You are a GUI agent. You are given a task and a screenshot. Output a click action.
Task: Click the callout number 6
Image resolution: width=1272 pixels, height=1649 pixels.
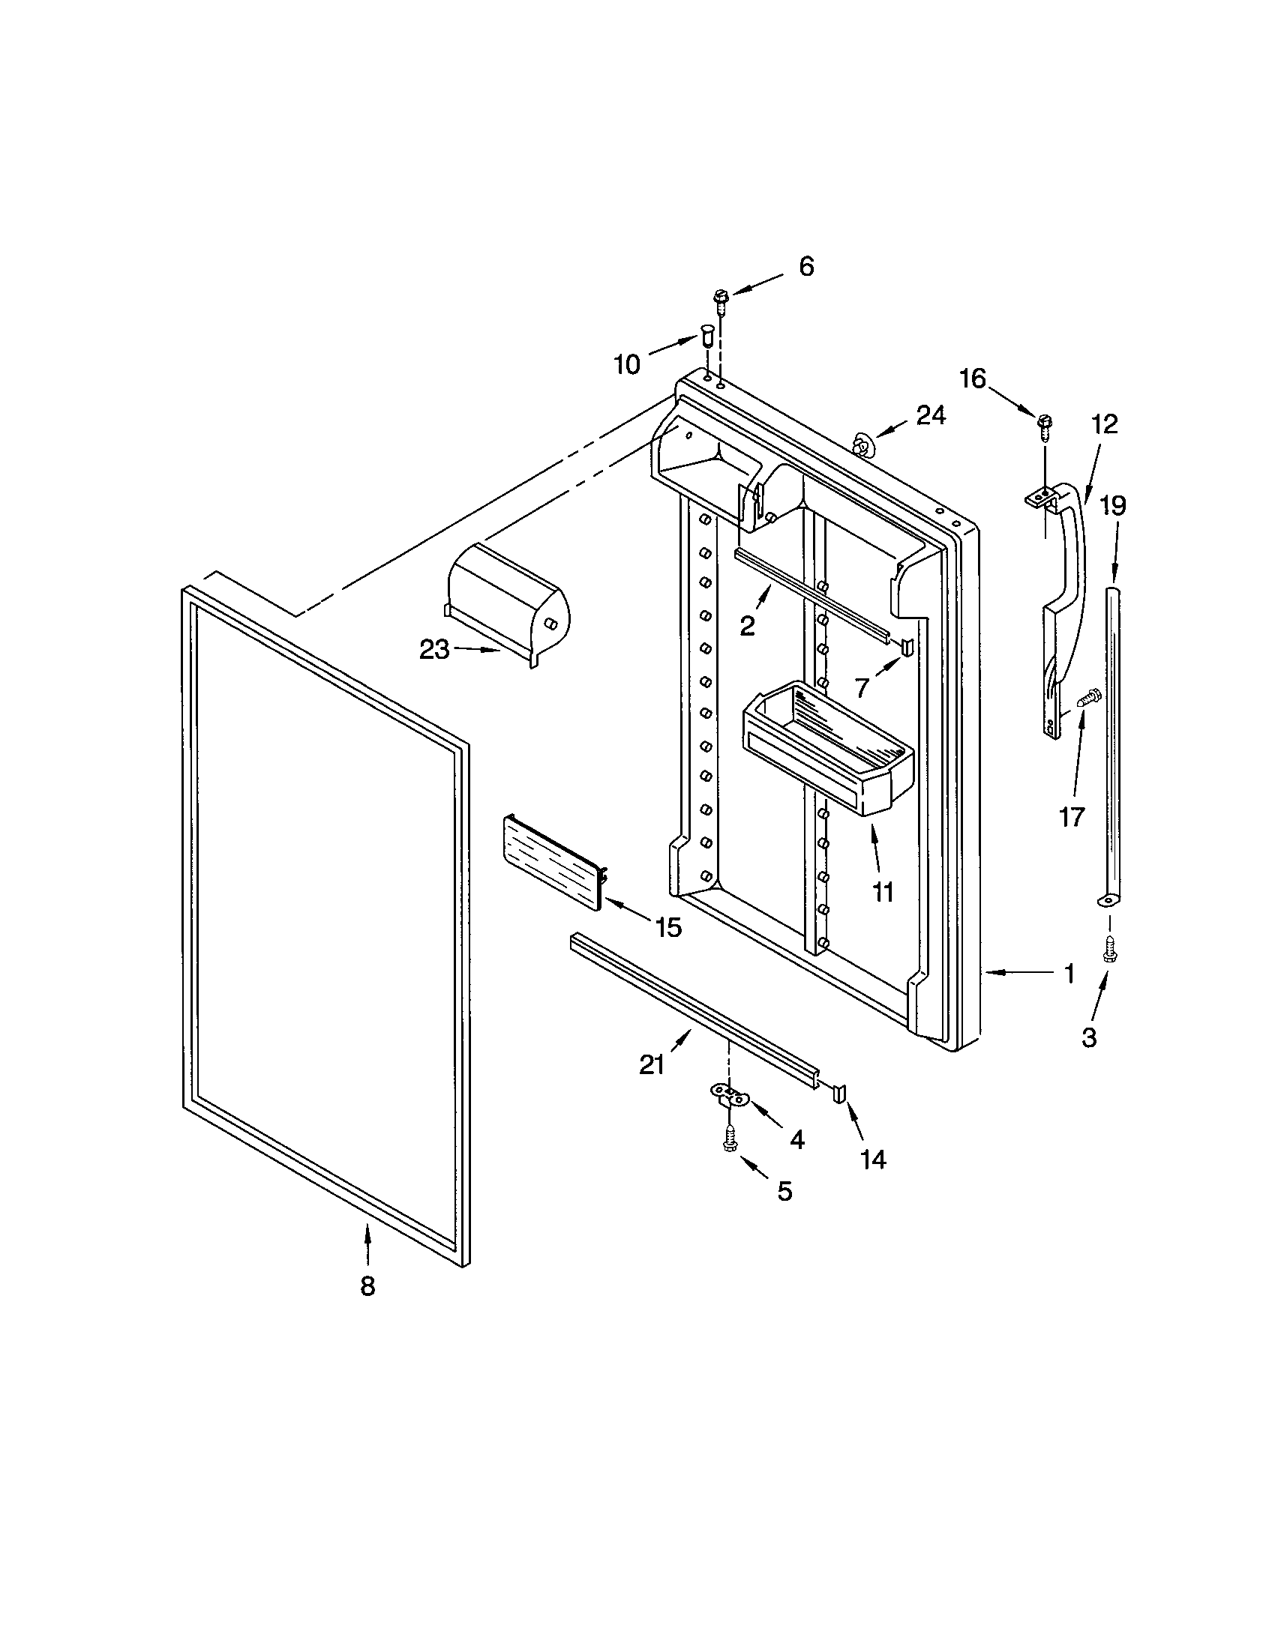tap(807, 267)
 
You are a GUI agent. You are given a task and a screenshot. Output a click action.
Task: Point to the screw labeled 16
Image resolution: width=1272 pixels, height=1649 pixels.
tap(1045, 425)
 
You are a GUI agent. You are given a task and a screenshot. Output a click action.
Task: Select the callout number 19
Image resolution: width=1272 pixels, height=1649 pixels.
tap(1112, 505)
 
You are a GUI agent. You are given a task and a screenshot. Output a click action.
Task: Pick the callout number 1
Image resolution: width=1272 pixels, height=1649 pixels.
tap(1068, 974)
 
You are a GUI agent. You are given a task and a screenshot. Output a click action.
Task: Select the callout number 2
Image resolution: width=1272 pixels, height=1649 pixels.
tap(747, 625)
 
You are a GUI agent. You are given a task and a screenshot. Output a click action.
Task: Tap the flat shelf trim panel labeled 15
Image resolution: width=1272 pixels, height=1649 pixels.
tap(553, 861)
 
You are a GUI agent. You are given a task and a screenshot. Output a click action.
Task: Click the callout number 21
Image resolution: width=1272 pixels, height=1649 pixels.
tap(652, 1064)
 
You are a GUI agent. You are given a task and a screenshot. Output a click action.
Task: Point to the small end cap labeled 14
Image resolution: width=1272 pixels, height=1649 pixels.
tap(840, 1094)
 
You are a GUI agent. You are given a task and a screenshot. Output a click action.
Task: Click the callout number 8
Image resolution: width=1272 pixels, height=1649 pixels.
tap(367, 1286)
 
